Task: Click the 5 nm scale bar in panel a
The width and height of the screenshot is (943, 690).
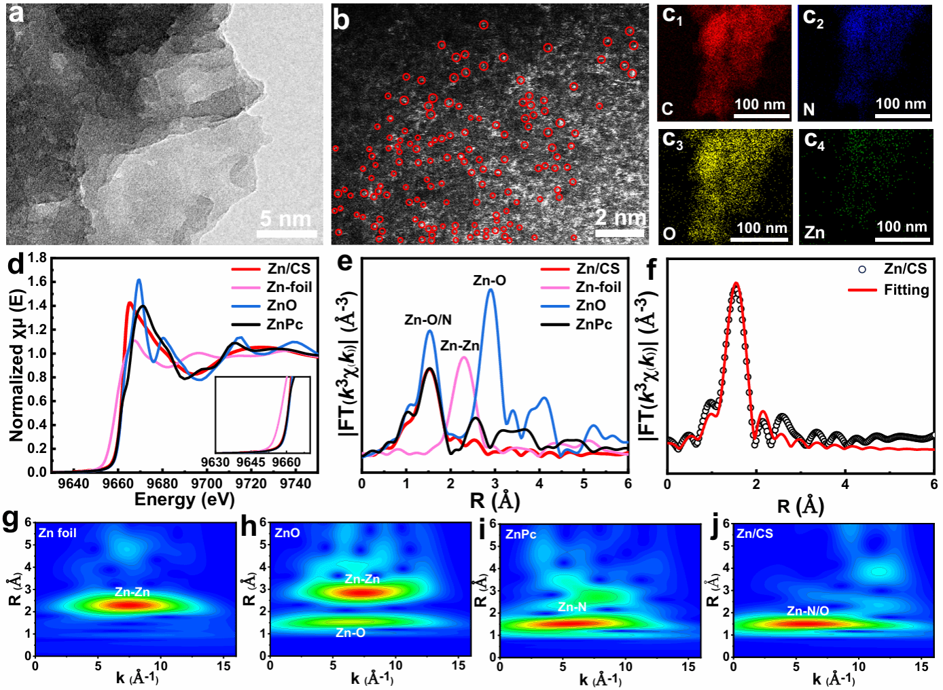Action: click(x=286, y=234)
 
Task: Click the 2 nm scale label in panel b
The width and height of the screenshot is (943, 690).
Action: click(x=620, y=217)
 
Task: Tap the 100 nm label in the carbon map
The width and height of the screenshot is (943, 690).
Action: click(x=760, y=105)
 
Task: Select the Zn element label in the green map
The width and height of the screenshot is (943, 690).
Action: click(x=814, y=233)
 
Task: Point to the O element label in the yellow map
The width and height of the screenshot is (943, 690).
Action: click(x=669, y=234)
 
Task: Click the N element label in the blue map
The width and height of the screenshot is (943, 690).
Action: click(x=808, y=109)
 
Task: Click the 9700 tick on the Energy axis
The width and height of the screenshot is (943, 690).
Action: click(x=207, y=484)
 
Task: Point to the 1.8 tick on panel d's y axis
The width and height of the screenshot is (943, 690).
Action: click(x=38, y=257)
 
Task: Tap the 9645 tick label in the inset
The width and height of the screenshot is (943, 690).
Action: click(x=251, y=462)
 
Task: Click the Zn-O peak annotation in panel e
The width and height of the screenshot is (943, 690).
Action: click(x=489, y=280)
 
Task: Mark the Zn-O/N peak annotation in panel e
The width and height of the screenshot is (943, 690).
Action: click(x=427, y=320)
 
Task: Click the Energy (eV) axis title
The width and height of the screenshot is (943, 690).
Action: click(x=184, y=500)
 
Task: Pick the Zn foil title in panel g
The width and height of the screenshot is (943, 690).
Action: click(x=58, y=533)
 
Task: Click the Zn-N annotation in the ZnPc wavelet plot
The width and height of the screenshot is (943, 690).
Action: click(x=572, y=607)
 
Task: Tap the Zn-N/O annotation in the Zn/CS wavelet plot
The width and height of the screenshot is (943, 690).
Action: click(x=808, y=611)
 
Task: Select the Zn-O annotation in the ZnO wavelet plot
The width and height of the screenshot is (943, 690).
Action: click(x=351, y=633)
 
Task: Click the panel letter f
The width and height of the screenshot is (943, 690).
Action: click(x=651, y=270)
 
